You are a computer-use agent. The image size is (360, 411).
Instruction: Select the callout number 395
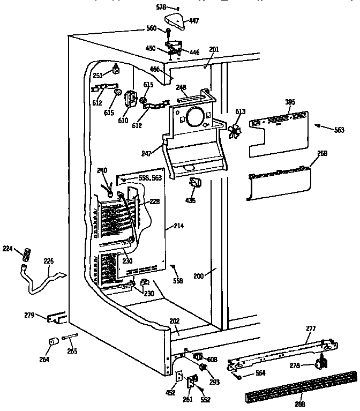click(x=290, y=102)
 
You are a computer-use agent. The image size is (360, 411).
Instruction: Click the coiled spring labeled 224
click(x=25, y=254)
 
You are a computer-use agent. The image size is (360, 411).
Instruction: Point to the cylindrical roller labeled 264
click(x=53, y=343)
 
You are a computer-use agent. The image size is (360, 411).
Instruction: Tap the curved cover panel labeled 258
click(x=279, y=181)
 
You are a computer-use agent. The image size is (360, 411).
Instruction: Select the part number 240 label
click(x=102, y=170)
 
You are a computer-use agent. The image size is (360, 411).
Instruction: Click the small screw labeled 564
click(x=238, y=378)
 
